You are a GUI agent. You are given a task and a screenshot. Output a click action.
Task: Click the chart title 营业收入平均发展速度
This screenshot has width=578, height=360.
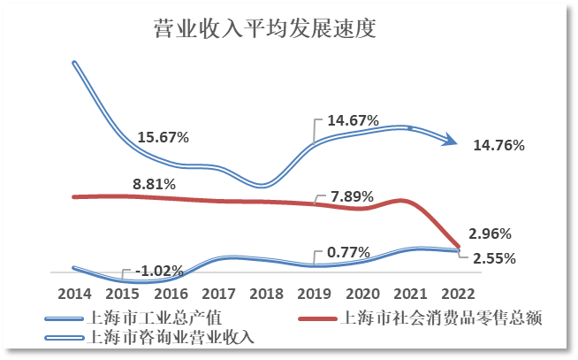click(264, 30)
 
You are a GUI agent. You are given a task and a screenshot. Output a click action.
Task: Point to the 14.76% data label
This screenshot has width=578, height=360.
click(499, 145)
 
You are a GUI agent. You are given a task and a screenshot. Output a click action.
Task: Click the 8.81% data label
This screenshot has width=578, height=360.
click(154, 185)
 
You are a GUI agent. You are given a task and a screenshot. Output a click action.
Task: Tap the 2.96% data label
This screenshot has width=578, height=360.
click(490, 234)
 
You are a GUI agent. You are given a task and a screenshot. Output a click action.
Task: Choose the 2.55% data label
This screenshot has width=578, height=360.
click(494, 259)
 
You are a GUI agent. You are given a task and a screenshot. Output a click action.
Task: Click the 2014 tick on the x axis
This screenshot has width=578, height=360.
click(74, 293)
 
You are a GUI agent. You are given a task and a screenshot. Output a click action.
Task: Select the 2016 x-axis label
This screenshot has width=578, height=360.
click(171, 293)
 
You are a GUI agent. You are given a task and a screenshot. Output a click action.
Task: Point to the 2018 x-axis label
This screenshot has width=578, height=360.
click(266, 293)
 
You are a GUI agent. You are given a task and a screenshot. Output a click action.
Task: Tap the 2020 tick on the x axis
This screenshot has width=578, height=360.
click(362, 293)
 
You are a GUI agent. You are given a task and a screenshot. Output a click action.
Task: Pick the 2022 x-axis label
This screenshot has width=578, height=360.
click(459, 293)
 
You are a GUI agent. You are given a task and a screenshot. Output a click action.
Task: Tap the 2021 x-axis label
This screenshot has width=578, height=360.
click(410, 293)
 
